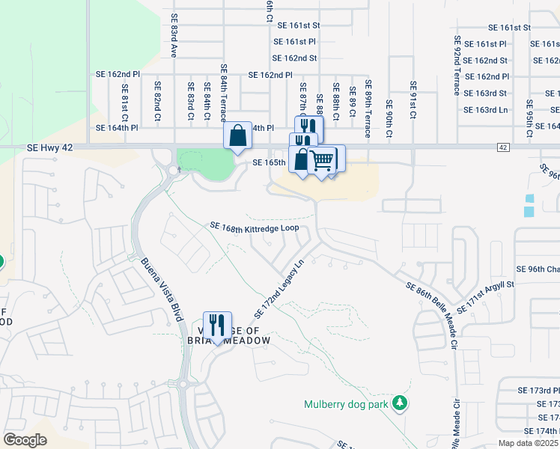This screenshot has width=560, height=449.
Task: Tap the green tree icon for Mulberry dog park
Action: (401, 404)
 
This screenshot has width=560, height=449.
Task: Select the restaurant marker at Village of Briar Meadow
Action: (217, 325)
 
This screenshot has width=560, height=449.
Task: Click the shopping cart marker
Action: (322, 159)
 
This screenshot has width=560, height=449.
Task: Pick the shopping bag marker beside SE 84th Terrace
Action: (237, 136)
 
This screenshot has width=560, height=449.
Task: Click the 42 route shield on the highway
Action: (502, 147)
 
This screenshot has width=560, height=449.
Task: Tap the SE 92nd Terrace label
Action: (457, 66)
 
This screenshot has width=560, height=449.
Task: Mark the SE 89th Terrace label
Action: (368, 109)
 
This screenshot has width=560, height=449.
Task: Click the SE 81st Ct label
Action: (125, 103)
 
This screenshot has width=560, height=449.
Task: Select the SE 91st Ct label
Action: (412, 100)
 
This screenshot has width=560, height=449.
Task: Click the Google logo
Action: (25, 440)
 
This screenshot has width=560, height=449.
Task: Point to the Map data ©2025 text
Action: (529, 443)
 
